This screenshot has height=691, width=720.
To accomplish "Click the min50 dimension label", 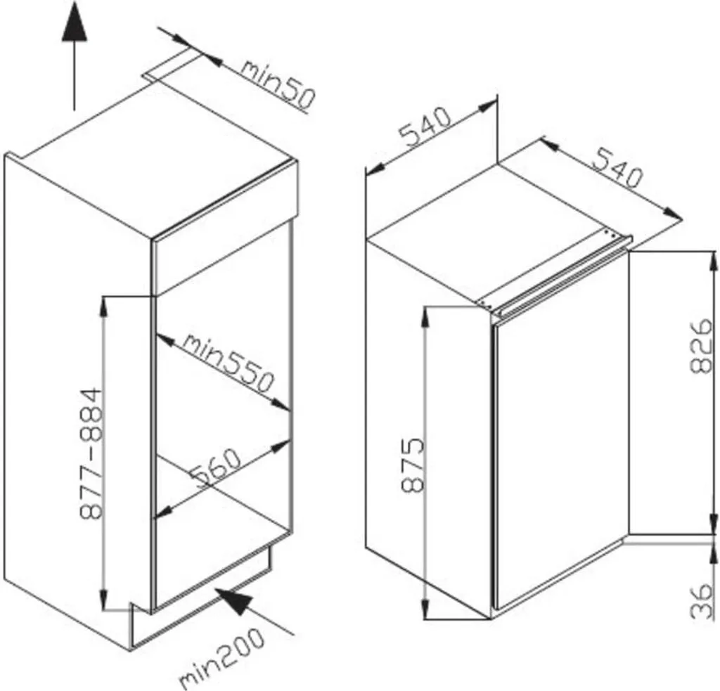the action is click(278, 84).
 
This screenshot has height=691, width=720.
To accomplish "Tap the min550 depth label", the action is click(229, 365).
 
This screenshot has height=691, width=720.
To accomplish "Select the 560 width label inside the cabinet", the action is click(217, 470).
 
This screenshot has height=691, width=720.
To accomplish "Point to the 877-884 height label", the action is click(90, 453).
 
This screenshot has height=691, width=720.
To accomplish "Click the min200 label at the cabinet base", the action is click(221, 657).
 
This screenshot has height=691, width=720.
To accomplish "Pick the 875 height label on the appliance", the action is click(411, 465).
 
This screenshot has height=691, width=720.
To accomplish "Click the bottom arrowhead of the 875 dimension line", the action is click(425, 607).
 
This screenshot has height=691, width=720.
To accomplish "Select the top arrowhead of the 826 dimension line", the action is click(714, 264).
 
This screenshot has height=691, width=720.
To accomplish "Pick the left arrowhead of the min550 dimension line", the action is click(165, 340).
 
